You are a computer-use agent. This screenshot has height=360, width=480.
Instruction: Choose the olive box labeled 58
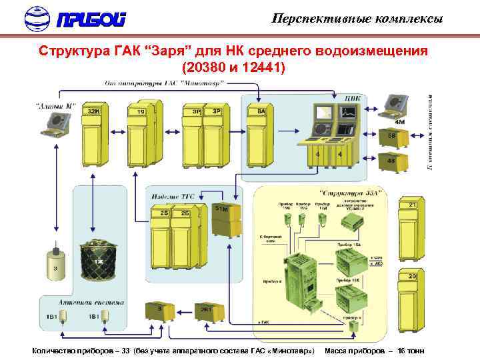391,139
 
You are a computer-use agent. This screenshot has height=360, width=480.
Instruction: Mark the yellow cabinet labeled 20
411,299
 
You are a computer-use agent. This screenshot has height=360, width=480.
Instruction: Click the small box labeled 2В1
203,311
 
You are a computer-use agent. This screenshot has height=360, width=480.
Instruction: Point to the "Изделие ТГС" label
171,196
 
